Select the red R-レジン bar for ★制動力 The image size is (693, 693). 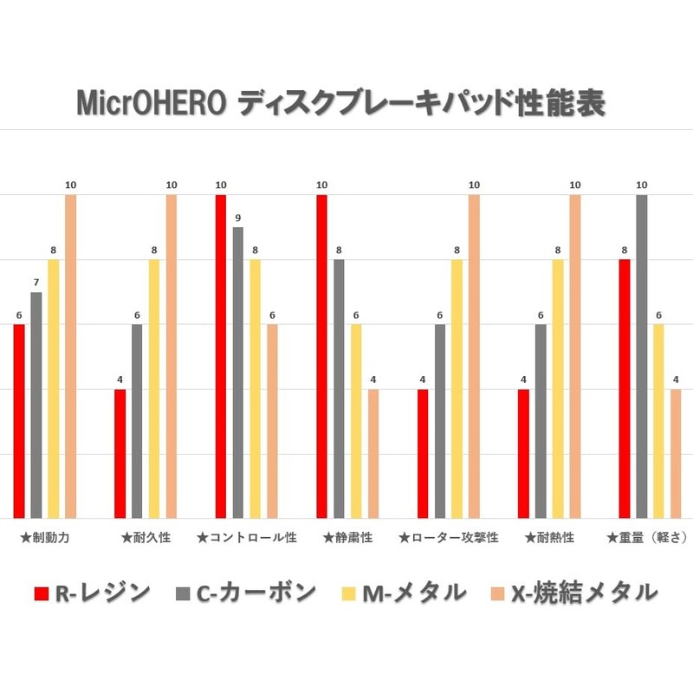(x=19, y=421)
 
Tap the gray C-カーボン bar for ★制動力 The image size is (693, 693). (x=36, y=405)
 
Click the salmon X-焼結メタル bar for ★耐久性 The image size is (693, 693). (x=172, y=356)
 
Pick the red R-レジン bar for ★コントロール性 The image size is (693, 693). (x=221, y=356)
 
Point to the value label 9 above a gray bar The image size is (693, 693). (x=238, y=217)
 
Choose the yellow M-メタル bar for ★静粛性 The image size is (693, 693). (x=356, y=421)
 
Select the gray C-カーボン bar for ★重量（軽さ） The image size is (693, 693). (x=642, y=356)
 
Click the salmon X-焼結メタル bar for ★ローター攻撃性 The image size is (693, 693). (x=474, y=356)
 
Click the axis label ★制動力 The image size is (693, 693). (x=45, y=538)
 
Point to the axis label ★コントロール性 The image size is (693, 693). (x=247, y=538)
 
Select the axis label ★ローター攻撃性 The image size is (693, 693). (x=449, y=538)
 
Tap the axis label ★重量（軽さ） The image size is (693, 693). (x=647, y=538)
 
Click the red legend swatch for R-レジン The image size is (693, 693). (x=41, y=593)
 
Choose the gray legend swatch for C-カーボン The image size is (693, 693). (x=183, y=593)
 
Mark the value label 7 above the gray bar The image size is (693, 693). (x=36, y=282)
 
